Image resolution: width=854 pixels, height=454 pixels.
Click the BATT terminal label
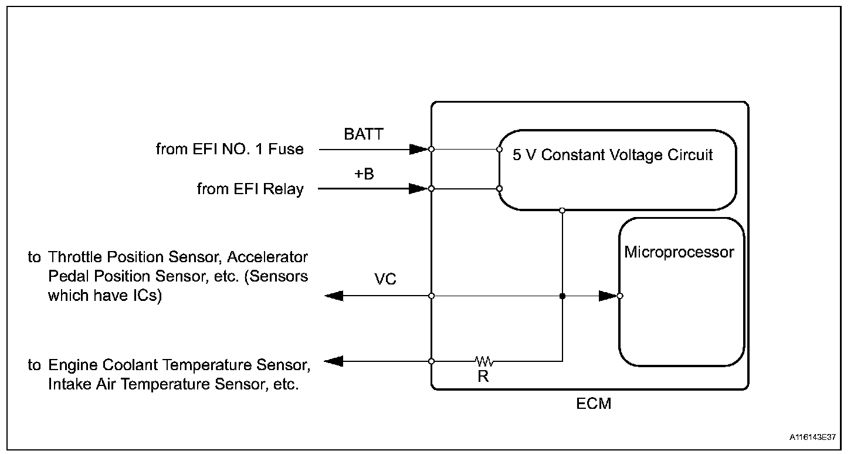[363, 134]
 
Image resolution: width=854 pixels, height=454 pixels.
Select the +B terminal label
[364, 175]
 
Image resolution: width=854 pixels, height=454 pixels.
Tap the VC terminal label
[385, 280]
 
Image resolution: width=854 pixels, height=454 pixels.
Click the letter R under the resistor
[483, 377]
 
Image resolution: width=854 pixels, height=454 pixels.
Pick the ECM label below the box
[594, 404]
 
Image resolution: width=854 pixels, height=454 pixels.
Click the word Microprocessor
[679, 253]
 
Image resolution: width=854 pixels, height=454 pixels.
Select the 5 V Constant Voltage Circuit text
[613, 155]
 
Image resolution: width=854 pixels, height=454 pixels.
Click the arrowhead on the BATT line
[418, 149]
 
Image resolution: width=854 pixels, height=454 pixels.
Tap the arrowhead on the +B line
[418, 189]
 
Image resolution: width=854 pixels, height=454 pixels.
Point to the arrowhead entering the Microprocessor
[608, 296]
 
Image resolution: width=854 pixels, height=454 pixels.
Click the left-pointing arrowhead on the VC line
[334, 296]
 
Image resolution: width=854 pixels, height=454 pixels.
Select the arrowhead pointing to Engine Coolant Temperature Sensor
[333, 361]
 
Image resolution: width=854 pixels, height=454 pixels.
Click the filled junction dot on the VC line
[562, 296]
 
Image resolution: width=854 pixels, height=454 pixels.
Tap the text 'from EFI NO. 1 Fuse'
[230, 150]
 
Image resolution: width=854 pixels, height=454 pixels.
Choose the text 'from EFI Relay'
[250, 189]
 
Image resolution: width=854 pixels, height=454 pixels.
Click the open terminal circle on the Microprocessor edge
[620, 296]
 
